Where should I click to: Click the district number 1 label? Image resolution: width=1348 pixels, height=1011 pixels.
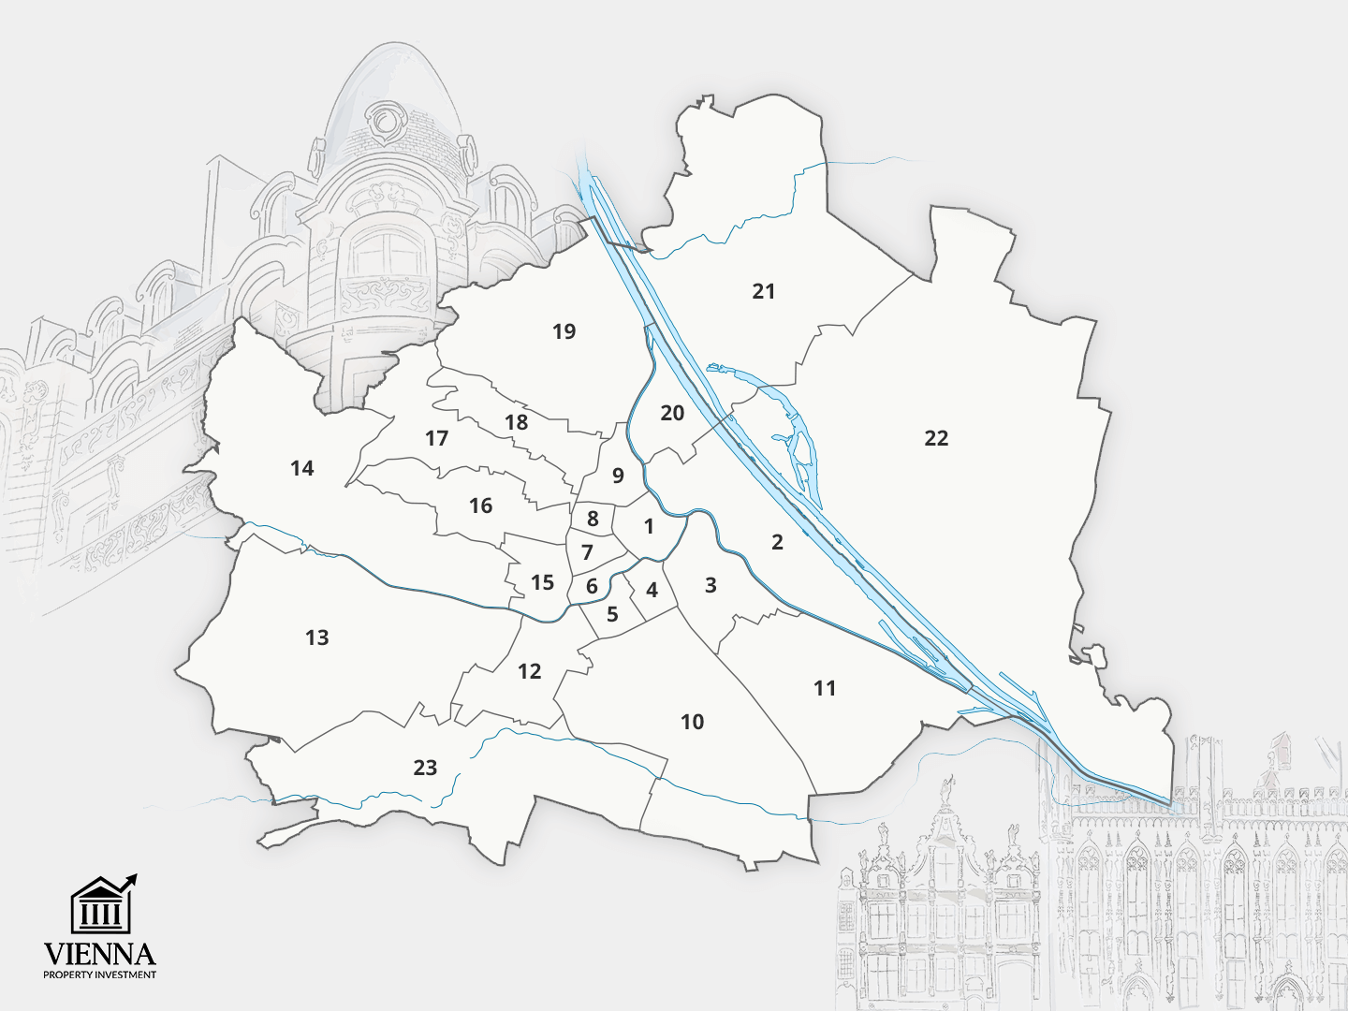[649, 527]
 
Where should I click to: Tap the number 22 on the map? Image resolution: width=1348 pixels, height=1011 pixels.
[936, 438]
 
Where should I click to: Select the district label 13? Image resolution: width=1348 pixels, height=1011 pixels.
[317, 638]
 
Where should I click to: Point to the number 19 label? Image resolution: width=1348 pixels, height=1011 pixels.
[564, 331]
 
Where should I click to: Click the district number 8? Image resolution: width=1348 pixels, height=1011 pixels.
[593, 519]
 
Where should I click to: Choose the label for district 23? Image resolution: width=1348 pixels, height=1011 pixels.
[425, 769]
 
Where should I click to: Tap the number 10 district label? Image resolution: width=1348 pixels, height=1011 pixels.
[692, 722]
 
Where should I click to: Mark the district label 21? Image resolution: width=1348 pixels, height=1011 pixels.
[764, 291]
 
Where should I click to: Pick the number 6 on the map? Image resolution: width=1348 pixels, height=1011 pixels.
[592, 587]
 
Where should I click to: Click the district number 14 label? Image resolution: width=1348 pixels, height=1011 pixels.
[301, 468]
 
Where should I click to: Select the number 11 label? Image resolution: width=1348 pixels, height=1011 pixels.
[824, 689]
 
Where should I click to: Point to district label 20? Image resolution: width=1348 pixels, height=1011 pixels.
[672, 413]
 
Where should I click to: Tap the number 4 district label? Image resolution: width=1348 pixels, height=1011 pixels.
[652, 591]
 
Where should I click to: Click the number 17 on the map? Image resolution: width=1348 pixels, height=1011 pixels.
[436, 438]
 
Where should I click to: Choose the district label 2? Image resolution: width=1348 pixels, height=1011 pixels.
[777, 542]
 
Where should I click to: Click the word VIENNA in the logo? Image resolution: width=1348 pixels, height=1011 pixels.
[99, 954]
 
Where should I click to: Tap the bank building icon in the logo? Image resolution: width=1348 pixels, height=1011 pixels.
[101, 905]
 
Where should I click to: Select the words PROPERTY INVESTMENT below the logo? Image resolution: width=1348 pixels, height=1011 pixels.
[99, 975]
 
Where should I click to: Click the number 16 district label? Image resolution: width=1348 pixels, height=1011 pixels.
[480, 506]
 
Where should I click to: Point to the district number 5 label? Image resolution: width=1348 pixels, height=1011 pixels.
[612, 615]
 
